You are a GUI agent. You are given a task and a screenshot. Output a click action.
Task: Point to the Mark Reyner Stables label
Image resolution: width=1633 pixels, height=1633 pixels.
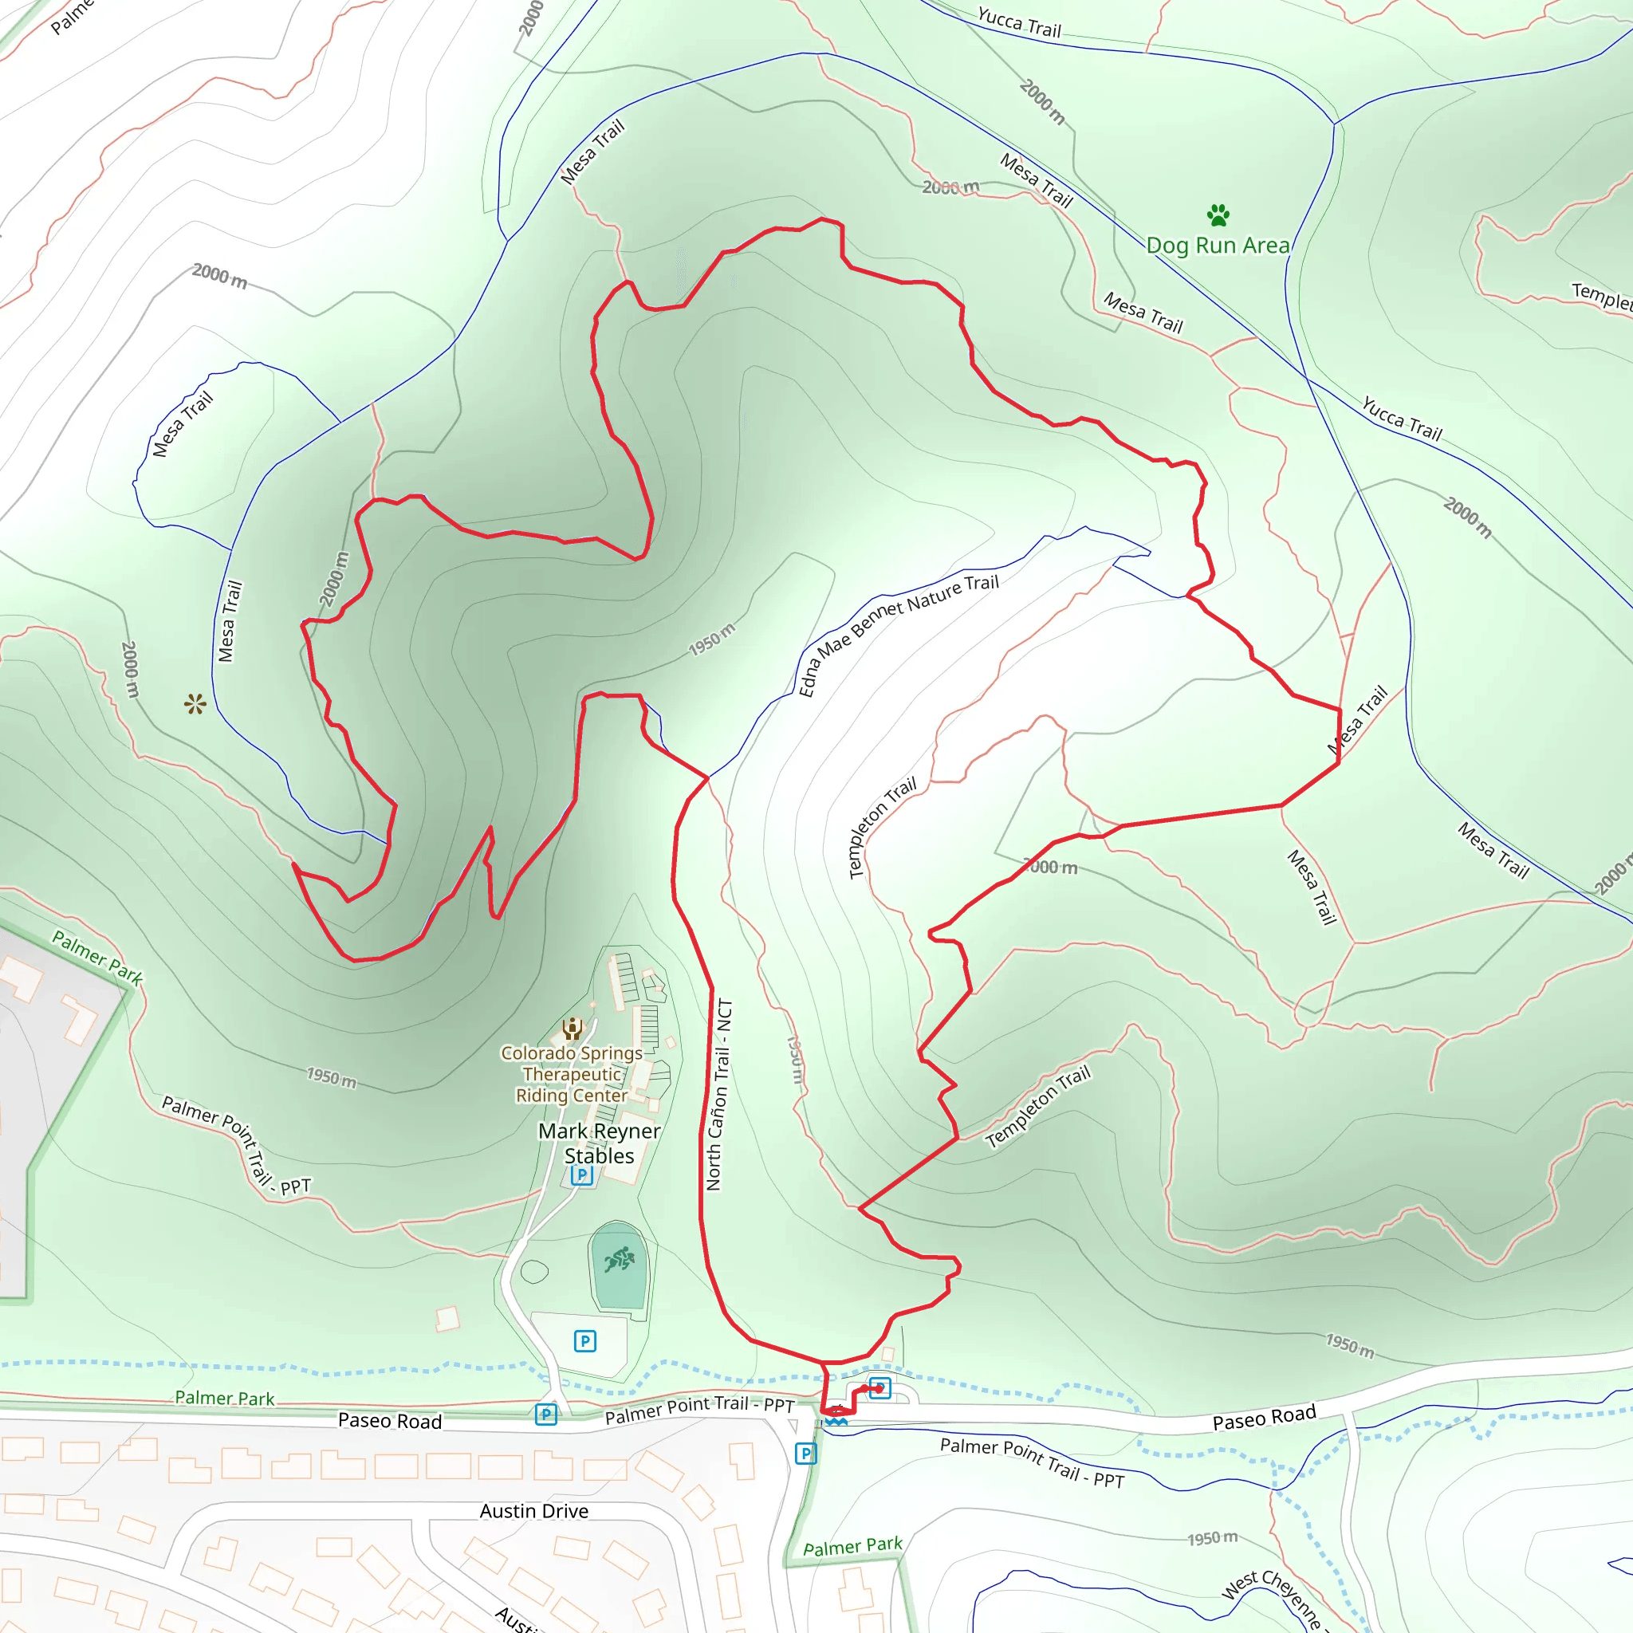(x=600, y=1143)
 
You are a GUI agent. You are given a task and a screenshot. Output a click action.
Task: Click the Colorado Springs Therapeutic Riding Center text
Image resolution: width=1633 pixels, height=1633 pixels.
(x=573, y=1073)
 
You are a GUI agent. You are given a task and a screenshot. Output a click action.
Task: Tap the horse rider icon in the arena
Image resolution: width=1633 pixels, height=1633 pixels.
(x=620, y=1259)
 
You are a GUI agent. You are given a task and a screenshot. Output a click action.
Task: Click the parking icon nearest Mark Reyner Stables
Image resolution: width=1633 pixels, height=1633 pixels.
(x=581, y=1174)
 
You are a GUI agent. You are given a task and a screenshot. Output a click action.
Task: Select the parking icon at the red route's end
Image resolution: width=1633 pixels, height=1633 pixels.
(x=880, y=1388)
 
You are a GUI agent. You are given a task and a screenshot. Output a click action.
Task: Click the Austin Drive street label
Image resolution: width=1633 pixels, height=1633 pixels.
(x=534, y=1511)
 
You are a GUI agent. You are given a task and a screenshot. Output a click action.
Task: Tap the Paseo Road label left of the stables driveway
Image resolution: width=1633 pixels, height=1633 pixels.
(x=390, y=1421)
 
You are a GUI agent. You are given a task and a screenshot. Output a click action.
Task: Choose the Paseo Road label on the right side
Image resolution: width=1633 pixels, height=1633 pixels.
(x=1264, y=1418)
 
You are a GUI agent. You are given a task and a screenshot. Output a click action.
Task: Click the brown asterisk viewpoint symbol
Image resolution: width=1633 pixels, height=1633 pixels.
(x=195, y=703)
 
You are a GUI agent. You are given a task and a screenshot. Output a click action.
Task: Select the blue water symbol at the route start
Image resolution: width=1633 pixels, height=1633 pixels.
(x=836, y=1421)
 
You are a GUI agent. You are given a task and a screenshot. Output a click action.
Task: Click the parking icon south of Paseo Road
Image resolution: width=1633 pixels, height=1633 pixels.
(x=805, y=1454)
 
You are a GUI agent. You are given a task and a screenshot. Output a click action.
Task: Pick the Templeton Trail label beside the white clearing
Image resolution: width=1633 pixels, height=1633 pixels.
(x=882, y=828)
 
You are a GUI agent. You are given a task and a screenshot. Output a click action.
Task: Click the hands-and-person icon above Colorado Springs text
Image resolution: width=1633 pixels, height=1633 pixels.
(x=573, y=1028)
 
